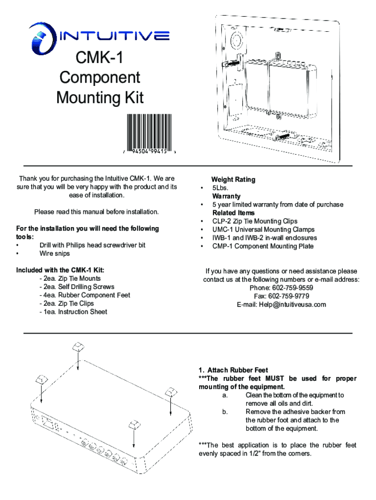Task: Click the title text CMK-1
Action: coord(100,59)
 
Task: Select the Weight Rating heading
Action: coord(233,180)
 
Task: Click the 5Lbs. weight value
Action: coord(220,188)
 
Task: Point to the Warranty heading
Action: coord(227,196)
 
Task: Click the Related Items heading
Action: coord(233,213)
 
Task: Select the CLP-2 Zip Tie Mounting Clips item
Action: coord(254,221)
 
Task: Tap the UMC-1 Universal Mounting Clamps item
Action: coord(263,229)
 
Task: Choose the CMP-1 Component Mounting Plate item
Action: coord(263,246)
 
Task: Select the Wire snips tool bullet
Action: coord(55,253)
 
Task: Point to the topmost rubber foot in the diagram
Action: coord(78,347)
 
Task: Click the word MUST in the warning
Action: coord(276,378)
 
